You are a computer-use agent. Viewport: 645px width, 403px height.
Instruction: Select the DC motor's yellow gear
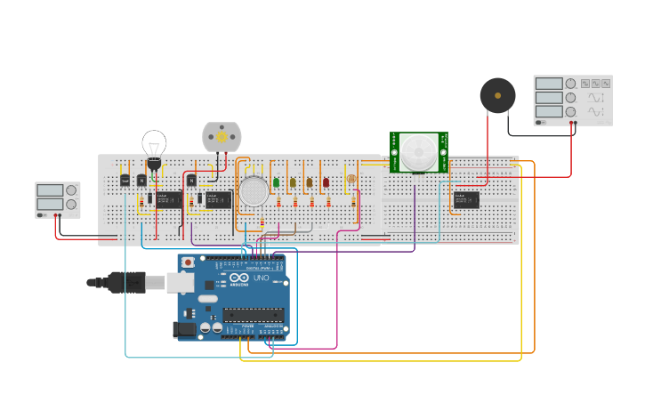click(x=222, y=136)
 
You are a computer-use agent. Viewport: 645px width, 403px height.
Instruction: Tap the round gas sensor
click(x=254, y=191)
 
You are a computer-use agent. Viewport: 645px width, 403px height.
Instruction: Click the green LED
click(x=276, y=182)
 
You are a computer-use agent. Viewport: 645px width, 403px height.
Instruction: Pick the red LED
click(x=326, y=182)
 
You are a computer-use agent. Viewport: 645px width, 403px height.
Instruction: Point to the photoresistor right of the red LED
click(x=351, y=180)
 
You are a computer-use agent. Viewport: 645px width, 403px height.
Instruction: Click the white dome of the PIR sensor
click(x=417, y=151)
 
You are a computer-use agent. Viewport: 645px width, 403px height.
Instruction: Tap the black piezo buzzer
click(x=497, y=95)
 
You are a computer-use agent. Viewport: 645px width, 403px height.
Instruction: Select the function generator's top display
click(x=549, y=84)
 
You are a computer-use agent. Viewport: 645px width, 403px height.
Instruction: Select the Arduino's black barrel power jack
click(x=183, y=329)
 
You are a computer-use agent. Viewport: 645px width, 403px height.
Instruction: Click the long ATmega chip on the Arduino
click(x=254, y=314)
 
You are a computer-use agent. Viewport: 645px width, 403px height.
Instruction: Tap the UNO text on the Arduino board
click(x=262, y=278)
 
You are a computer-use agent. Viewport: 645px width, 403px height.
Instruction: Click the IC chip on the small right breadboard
click(x=465, y=200)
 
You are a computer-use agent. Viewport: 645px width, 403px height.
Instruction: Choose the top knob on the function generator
click(x=571, y=84)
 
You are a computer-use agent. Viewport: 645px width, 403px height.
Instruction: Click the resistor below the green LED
click(x=278, y=202)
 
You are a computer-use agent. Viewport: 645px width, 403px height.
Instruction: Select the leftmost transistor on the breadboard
click(x=125, y=181)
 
